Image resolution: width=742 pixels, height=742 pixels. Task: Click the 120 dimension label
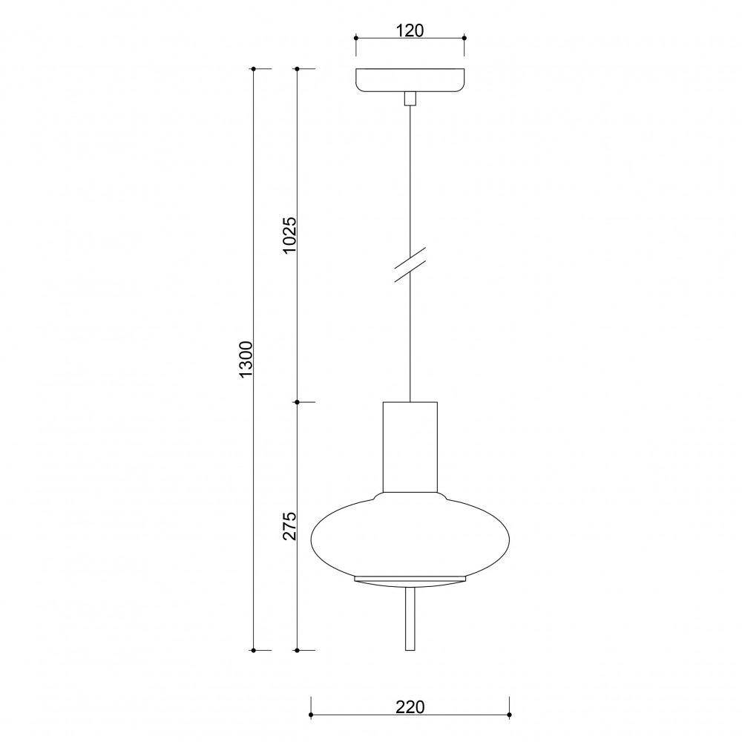410,30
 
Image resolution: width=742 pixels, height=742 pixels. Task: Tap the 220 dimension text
410,707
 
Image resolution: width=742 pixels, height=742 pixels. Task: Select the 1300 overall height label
246,358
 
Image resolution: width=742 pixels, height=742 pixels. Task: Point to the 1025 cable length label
289,235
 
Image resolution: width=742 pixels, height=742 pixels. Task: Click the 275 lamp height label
289,526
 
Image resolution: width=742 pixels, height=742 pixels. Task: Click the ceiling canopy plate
410,80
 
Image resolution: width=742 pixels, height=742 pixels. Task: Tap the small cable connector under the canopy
410,99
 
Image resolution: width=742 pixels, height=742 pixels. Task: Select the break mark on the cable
410,265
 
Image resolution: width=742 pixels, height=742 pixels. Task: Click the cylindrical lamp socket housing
410,447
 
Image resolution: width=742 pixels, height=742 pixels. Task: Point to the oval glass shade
410,535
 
